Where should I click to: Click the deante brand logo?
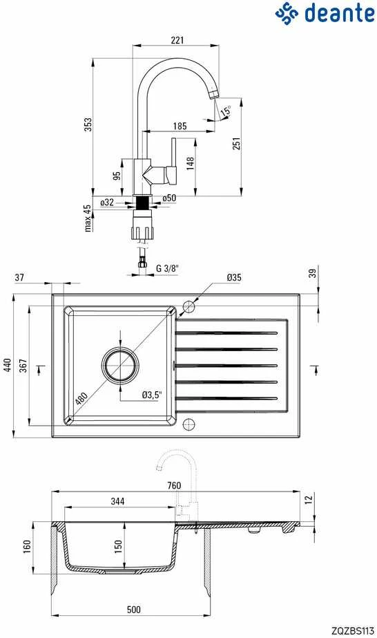click(325, 12)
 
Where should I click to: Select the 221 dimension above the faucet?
click(177, 40)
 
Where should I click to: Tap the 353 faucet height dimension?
click(88, 124)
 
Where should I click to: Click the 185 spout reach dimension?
click(180, 126)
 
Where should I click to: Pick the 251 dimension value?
click(236, 143)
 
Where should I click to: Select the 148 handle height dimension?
click(190, 162)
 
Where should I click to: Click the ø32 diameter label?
click(107, 202)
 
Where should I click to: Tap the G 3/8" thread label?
click(168, 268)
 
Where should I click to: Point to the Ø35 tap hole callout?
click(234, 277)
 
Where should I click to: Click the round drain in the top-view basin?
click(121, 365)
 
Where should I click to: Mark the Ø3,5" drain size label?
click(152, 394)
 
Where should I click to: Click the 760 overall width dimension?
click(174, 485)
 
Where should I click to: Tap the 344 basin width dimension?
click(118, 501)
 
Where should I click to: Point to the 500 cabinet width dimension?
click(134, 609)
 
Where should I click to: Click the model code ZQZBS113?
click(353, 631)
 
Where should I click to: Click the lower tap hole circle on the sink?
click(189, 424)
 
